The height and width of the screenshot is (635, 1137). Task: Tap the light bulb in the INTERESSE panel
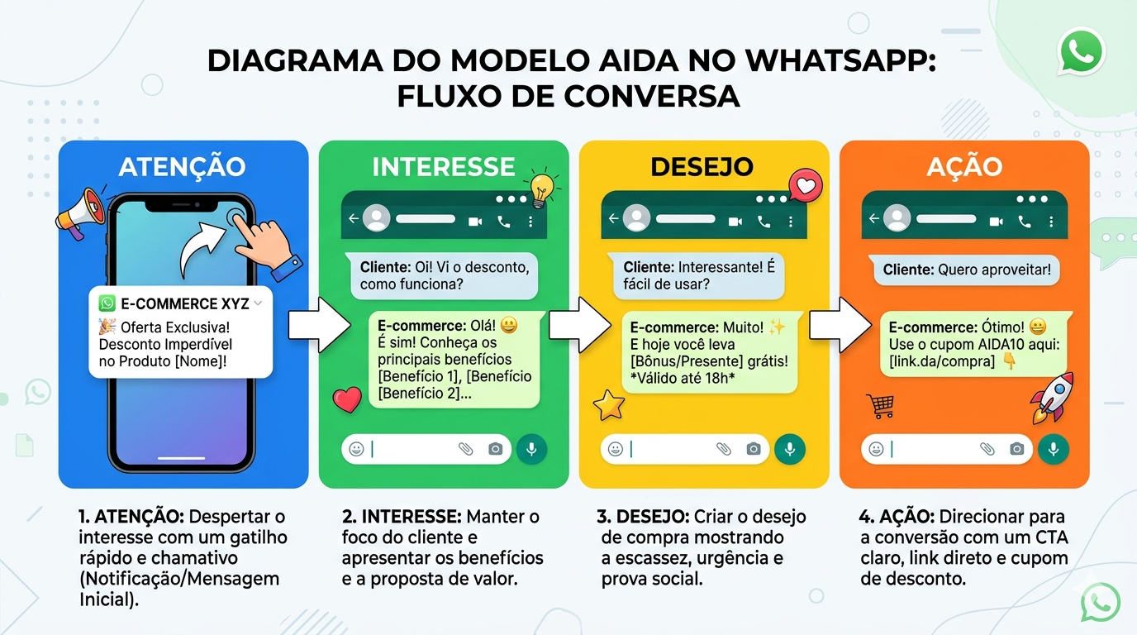(541, 188)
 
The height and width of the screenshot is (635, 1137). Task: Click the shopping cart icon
(880, 405)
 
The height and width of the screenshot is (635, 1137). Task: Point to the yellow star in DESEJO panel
(608, 404)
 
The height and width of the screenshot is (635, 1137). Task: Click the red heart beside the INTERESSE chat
(347, 399)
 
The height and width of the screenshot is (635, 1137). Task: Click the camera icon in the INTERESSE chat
(495, 448)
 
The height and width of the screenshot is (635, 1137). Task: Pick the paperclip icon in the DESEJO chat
(724, 448)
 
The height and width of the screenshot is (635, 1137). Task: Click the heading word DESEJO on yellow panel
(702, 166)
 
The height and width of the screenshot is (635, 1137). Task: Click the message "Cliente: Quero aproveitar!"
(966, 270)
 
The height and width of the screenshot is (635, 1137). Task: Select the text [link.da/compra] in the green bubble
(942, 361)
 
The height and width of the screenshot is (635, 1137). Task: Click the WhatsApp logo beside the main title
(1081, 51)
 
